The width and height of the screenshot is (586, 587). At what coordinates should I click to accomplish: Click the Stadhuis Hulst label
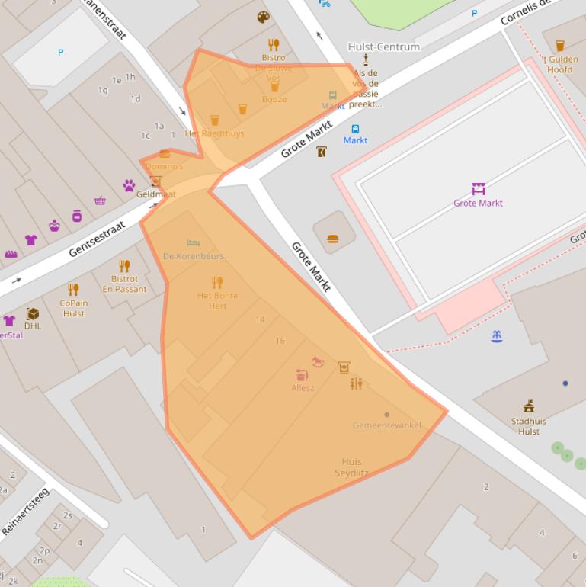coord(528,426)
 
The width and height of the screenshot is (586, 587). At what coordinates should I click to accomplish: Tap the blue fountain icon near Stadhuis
coord(497,335)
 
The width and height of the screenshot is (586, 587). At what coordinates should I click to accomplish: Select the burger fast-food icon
coord(332,239)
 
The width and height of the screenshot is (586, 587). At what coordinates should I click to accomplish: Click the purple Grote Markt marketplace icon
coord(478,189)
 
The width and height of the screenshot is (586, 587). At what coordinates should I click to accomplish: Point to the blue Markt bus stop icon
coord(355,129)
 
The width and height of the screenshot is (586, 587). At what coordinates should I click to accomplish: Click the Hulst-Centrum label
coord(383,47)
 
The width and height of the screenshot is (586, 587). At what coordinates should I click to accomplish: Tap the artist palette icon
coord(263,18)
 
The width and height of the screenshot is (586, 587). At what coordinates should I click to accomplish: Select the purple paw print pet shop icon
coord(129,185)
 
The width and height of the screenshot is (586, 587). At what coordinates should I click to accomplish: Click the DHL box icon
coord(33,313)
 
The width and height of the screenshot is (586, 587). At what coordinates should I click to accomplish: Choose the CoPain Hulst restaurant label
coord(74,308)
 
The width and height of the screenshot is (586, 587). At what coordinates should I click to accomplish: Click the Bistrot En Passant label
coord(124,284)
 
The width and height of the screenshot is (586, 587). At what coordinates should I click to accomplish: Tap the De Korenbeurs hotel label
coord(194,256)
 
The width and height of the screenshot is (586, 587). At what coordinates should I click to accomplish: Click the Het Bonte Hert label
coord(217,300)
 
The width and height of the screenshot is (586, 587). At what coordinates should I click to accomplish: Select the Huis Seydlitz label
coord(351,467)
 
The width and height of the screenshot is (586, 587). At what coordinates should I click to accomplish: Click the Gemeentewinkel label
coord(386,425)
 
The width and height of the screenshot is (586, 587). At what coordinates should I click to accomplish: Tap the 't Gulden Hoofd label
coord(559,65)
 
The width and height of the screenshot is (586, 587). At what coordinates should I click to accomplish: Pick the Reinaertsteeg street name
coord(24,511)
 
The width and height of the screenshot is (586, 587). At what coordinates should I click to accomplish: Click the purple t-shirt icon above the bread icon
coord(30,240)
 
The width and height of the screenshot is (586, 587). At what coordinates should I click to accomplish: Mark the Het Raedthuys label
coord(214,133)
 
